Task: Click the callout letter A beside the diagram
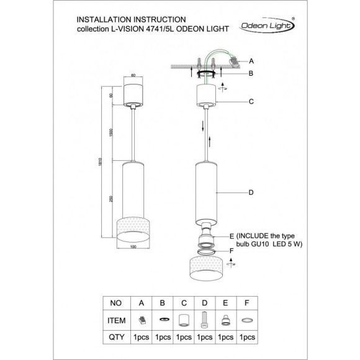pos(251,61)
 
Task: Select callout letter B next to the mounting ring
pos(251,73)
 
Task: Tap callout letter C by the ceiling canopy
pos(251,101)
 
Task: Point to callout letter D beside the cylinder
pos(251,192)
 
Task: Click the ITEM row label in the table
pos(116,320)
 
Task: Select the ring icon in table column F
pos(246,320)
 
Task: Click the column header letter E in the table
pos(225,304)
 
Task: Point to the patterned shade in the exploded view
pos(207,268)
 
